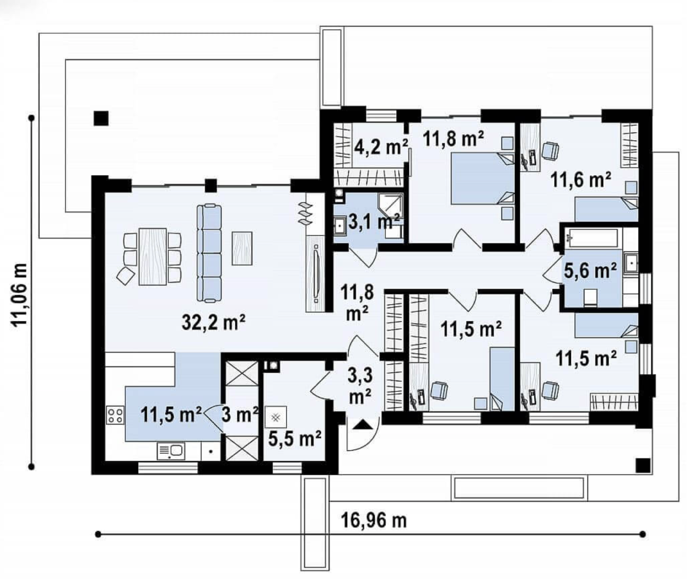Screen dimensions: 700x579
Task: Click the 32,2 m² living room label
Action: (x=213, y=322)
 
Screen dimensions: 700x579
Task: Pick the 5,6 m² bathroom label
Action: (x=590, y=271)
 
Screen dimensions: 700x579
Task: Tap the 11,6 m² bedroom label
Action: (x=581, y=180)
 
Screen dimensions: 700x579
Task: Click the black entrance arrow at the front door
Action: (x=363, y=425)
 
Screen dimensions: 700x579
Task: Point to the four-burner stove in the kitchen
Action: (x=115, y=414)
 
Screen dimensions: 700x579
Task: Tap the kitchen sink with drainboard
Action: (x=171, y=451)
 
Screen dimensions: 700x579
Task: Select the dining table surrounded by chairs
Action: (x=152, y=256)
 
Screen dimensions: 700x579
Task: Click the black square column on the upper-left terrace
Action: (x=101, y=118)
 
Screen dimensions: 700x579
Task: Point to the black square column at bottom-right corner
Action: (x=643, y=465)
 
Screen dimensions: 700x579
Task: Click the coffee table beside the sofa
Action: (x=242, y=248)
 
